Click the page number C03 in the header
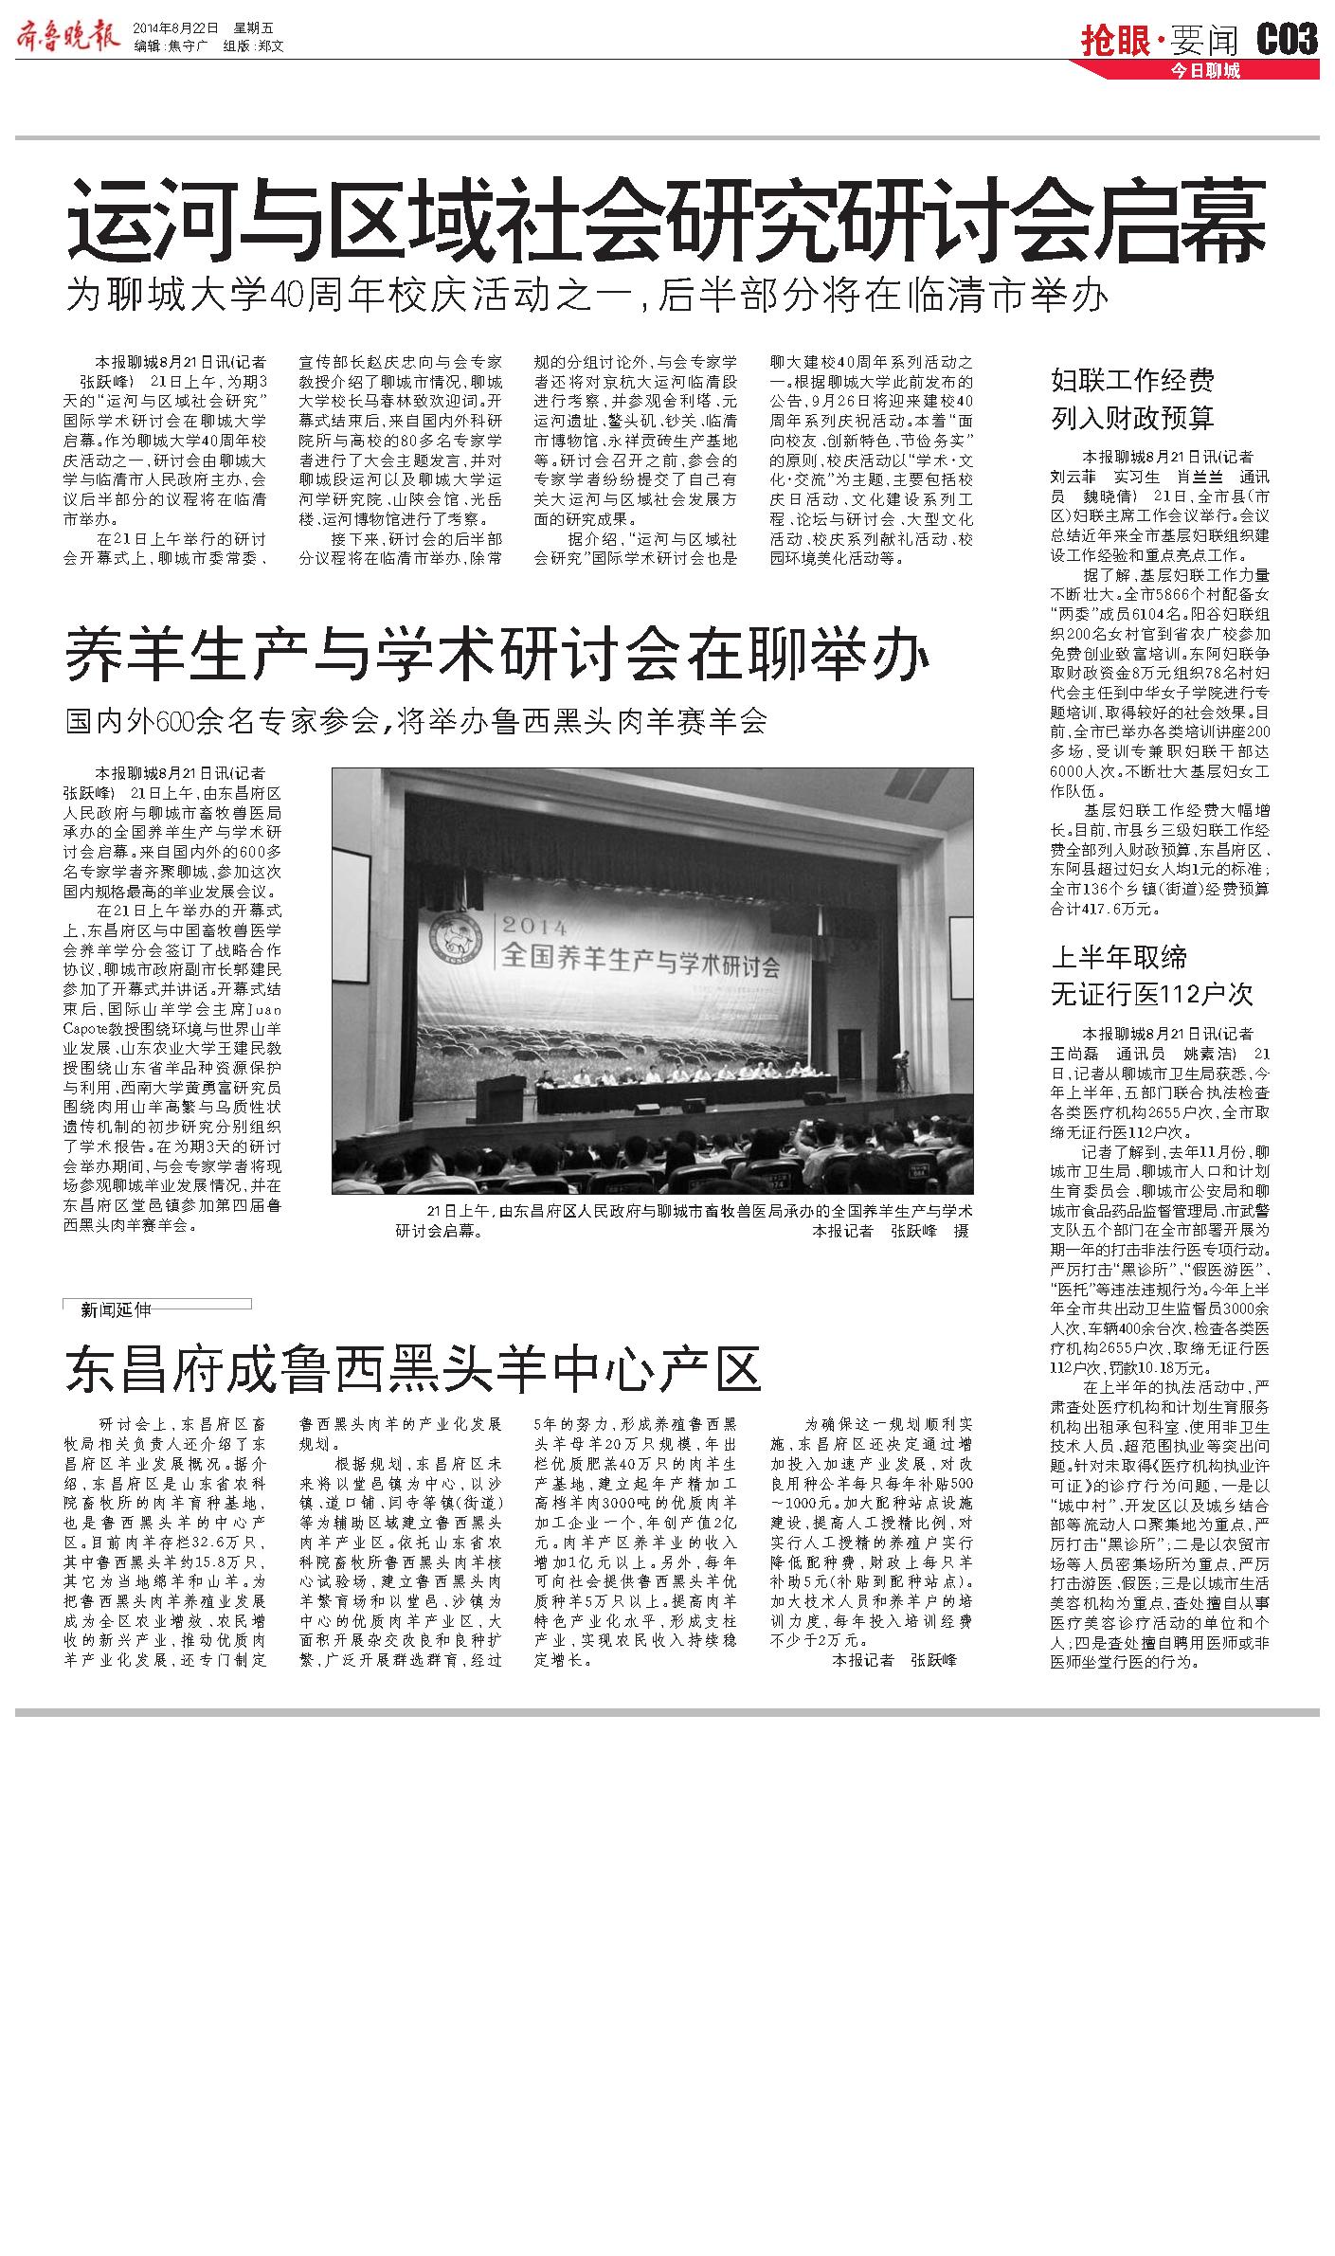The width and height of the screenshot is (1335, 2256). point(1287,39)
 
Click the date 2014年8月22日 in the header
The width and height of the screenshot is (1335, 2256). point(175,27)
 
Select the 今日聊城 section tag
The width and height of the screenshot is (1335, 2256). point(1204,70)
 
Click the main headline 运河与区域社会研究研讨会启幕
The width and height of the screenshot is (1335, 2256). point(666,225)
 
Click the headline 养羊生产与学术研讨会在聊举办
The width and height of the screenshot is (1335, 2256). point(496,657)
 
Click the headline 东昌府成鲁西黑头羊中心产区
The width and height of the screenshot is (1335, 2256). point(413,1367)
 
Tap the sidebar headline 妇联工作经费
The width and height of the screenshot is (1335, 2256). point(1132,381)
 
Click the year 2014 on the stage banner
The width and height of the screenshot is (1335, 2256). point(535,925)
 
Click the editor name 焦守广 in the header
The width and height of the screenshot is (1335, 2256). point(186,45)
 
